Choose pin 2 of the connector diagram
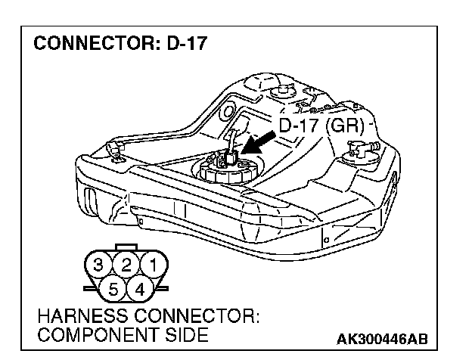point(126,265)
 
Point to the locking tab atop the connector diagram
point(126,247)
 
